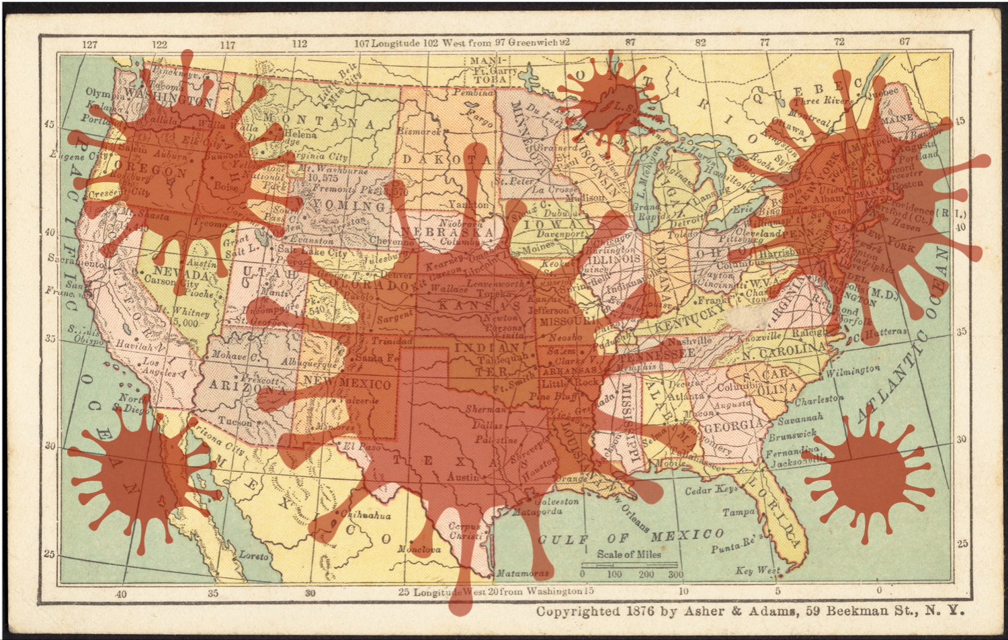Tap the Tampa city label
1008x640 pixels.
pos(738,512)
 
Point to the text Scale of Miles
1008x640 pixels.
pos(629,554)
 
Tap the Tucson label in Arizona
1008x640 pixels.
pos(235,422)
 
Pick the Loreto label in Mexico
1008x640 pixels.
pos(253,555)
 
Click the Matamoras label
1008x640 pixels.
pos(522,574)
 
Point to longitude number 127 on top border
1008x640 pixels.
pos(89,44)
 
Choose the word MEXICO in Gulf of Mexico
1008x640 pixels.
pos(687,535)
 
